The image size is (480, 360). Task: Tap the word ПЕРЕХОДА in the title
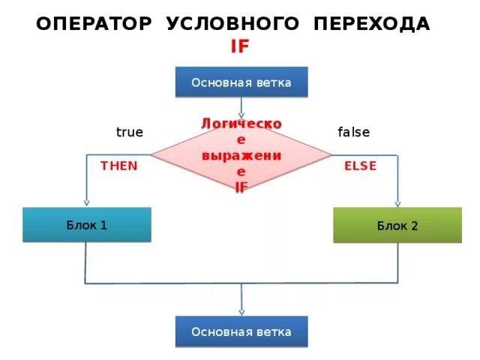(372, 24)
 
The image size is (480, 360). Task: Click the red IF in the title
(240, 46)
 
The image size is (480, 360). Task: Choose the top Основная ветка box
(241, 82)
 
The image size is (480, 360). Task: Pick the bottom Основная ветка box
(241, 331)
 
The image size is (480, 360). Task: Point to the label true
(129, 132)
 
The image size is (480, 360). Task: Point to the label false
(353, 132)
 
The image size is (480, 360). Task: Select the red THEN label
(119, 166)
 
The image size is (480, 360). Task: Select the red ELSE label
(360, 166)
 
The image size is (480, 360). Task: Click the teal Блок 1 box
(86, 224)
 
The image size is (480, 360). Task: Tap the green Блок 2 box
(397, 225)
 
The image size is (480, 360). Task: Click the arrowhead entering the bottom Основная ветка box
(241, 312)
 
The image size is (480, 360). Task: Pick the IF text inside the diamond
(241, 186)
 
